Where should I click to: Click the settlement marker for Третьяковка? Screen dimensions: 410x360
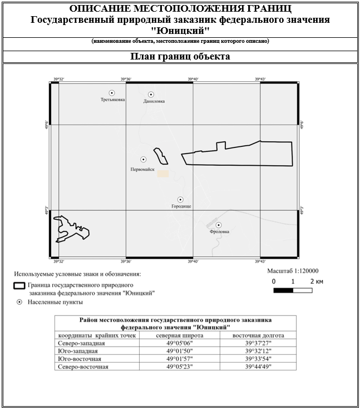[x=112, y=93]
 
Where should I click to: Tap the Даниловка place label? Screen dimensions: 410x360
[x=154, y=101]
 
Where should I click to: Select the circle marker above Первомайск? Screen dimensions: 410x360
[x=144, y=160]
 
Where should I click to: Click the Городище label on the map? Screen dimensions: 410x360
[x=181, y=206]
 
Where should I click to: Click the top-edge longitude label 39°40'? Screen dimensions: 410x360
[x=193, y=80]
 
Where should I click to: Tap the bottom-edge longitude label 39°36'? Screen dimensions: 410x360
[x=126, y=261]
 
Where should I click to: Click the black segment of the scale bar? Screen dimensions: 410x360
[x=283, y=290]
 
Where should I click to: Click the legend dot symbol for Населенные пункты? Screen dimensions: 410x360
[x=19, y=302]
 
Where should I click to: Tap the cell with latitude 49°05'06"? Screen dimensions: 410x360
[x=180, y=343]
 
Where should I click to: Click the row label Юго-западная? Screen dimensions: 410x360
[x=78, y=351]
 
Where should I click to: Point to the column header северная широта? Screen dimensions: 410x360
[x=180, y=335]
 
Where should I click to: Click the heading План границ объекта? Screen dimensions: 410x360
[x=180, y=56]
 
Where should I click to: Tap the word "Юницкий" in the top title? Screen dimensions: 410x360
[x=180, y=29]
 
